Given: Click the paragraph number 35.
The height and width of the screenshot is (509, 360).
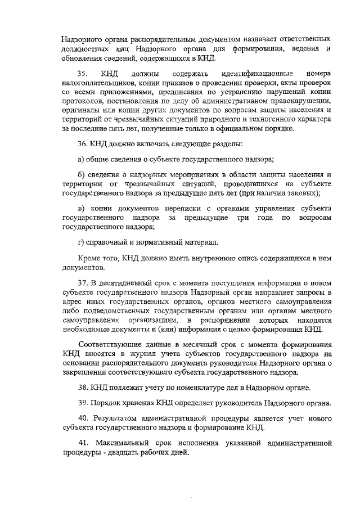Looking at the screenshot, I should [82, 74].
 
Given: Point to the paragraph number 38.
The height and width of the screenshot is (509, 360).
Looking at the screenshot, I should [82, 388].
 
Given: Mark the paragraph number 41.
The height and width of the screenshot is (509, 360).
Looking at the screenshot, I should [82, 444].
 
